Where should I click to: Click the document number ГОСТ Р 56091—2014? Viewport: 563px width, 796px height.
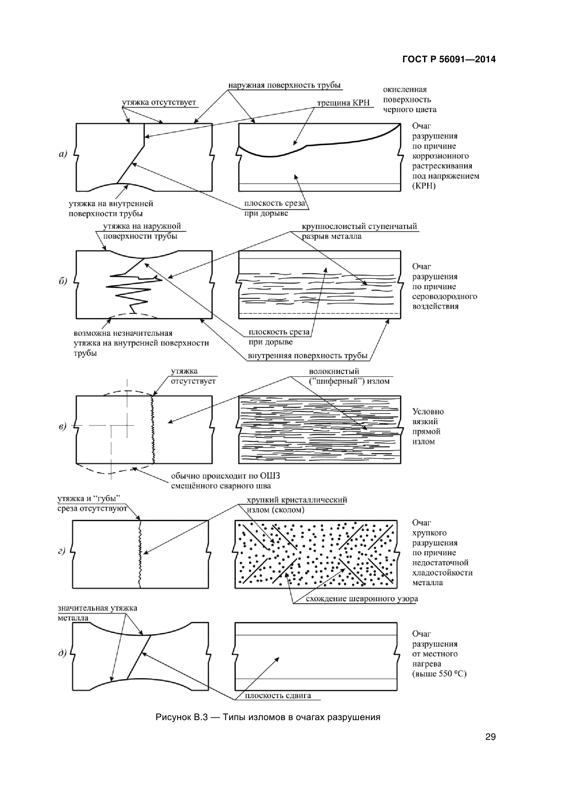(449, 59)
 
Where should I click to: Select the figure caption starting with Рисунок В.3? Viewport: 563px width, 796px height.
(268, 717)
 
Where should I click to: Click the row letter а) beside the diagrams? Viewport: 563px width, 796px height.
(62, 153)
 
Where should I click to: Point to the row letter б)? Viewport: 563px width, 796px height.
(62, 281)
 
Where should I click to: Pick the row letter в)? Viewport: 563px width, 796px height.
(62, 426)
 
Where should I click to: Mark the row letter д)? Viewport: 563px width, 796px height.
(62, 653)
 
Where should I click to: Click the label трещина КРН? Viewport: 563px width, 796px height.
(343, 103)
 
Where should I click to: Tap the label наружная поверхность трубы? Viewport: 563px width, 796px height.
(284, 85)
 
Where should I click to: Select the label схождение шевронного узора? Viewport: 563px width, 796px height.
(361, 599)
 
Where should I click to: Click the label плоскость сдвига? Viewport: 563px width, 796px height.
(278, 696)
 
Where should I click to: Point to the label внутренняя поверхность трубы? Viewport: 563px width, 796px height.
(307, 356)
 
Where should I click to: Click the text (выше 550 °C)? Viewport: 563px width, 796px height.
(439, 673)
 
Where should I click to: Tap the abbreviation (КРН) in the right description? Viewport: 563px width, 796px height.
(424, 186)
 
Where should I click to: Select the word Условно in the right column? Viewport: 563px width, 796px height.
(428, 411)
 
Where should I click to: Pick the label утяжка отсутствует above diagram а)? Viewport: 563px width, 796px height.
(159, 102)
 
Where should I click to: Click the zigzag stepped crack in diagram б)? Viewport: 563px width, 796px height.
(132, 288)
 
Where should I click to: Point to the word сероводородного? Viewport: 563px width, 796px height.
(444, 296)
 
